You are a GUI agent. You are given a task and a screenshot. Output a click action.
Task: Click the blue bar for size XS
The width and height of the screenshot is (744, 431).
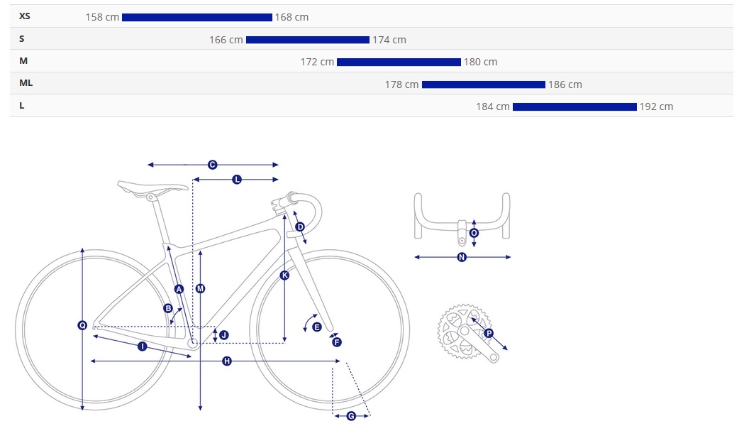tap(197, 18)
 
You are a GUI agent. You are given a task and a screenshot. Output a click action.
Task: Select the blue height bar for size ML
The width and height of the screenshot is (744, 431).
tap(484, 84)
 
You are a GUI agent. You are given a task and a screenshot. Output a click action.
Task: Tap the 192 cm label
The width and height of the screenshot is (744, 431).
tap(656, 107)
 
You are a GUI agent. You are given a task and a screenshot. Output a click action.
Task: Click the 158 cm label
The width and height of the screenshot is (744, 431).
tap(102, 18)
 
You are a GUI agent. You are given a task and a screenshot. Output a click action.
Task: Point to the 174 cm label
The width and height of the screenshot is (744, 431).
tap(389, 40)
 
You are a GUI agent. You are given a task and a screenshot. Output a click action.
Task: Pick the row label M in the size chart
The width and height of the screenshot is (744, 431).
tap(23, 61)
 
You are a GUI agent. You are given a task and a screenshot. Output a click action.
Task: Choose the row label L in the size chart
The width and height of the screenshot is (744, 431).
tap(22, 106)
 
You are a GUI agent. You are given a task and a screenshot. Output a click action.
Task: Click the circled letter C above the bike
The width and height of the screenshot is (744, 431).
tap(213, 165)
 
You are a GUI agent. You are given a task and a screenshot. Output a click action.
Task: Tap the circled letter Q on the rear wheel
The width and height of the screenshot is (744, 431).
tap(82, 325)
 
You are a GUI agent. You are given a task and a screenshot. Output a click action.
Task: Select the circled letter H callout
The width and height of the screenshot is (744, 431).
tap(227, 361)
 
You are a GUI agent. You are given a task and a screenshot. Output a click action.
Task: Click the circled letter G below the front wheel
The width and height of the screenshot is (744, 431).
tap(351, 416)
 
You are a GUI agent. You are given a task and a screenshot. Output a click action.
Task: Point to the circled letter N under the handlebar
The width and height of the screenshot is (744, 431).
tap(462, 257)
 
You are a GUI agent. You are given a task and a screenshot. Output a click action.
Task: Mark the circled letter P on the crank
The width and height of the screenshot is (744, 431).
tap(489, 333)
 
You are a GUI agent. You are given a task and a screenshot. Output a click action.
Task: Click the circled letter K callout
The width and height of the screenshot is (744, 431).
tap(284, 275)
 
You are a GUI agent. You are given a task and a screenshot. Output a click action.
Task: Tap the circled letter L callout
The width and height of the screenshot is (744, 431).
tap(237, 179)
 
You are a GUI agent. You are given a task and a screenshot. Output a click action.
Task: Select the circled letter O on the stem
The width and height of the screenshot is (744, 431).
tap(474, 233)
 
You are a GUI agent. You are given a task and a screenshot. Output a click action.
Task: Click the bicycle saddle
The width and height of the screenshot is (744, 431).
tap(152, 187)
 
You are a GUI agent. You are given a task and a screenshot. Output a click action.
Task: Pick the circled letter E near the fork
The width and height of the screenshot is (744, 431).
tap(317, 327)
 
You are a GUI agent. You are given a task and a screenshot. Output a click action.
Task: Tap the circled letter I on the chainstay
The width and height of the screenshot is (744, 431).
tap(143, 347)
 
